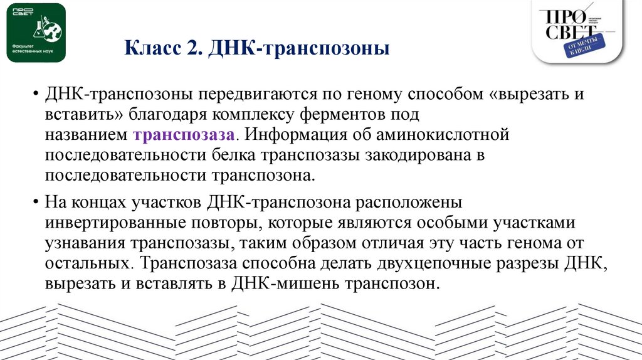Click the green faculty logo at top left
[x=36, y=33]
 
